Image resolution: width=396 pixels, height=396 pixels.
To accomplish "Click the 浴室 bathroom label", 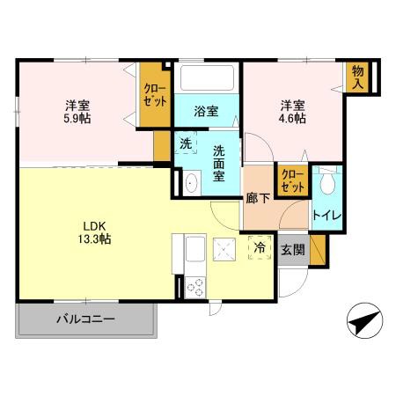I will [x=207, y=112].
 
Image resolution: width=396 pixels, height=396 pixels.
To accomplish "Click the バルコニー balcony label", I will [x=87, y=319].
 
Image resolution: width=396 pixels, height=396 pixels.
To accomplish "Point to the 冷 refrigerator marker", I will [x=260, y=249].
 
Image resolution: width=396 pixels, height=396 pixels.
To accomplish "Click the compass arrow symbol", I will [x=364, y=321].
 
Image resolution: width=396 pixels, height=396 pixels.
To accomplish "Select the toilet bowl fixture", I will [x=327, y=183].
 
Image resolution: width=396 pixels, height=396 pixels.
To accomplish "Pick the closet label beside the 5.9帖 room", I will [x=155, y=94].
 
